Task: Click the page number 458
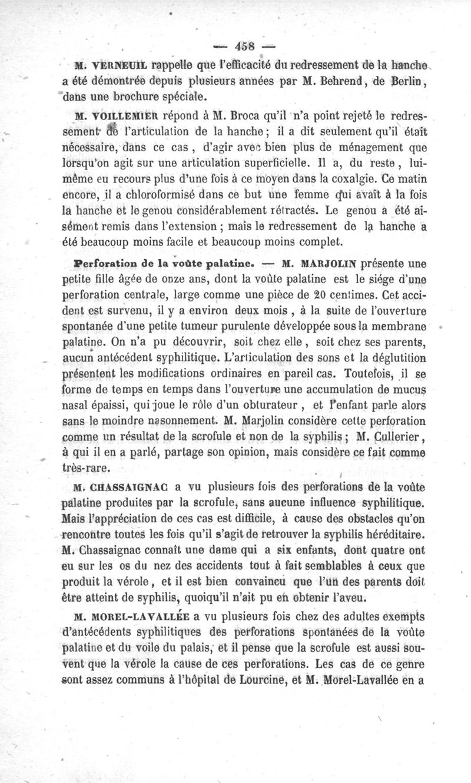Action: click(x=243, y=45)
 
